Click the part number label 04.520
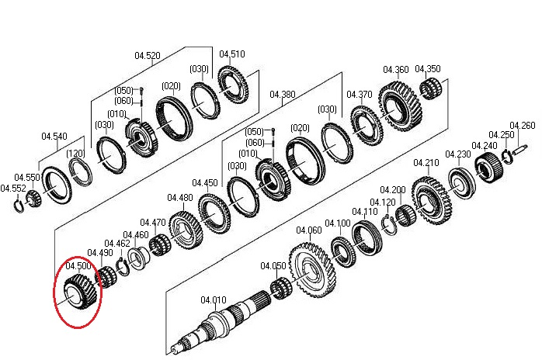(148, 55)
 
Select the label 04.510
(231, 54)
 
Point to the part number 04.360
(395, 70)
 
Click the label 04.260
(522, 126)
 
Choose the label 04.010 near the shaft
(214, 299)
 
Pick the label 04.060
(309, 230)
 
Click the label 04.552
(12, 189)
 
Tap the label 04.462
(118, 244)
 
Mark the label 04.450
(205, 183)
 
